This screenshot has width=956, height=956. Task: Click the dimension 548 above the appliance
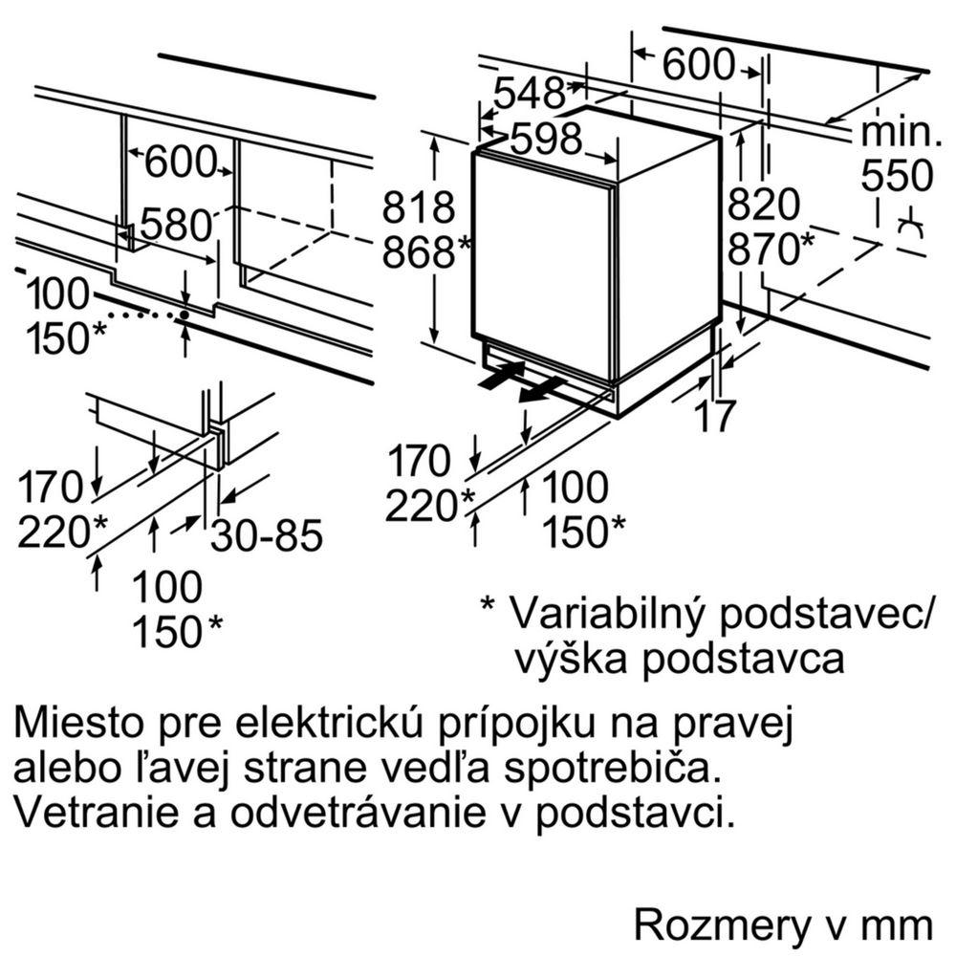pos(530,94)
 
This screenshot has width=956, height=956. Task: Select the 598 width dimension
pos(546,140)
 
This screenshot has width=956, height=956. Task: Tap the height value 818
pos(418,207)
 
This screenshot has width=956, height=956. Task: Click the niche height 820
pos(763,205)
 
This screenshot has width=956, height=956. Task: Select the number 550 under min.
pos(896,176)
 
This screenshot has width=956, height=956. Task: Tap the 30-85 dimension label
pos(267,536)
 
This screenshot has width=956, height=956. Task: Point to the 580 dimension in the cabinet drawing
pos(175,226)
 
